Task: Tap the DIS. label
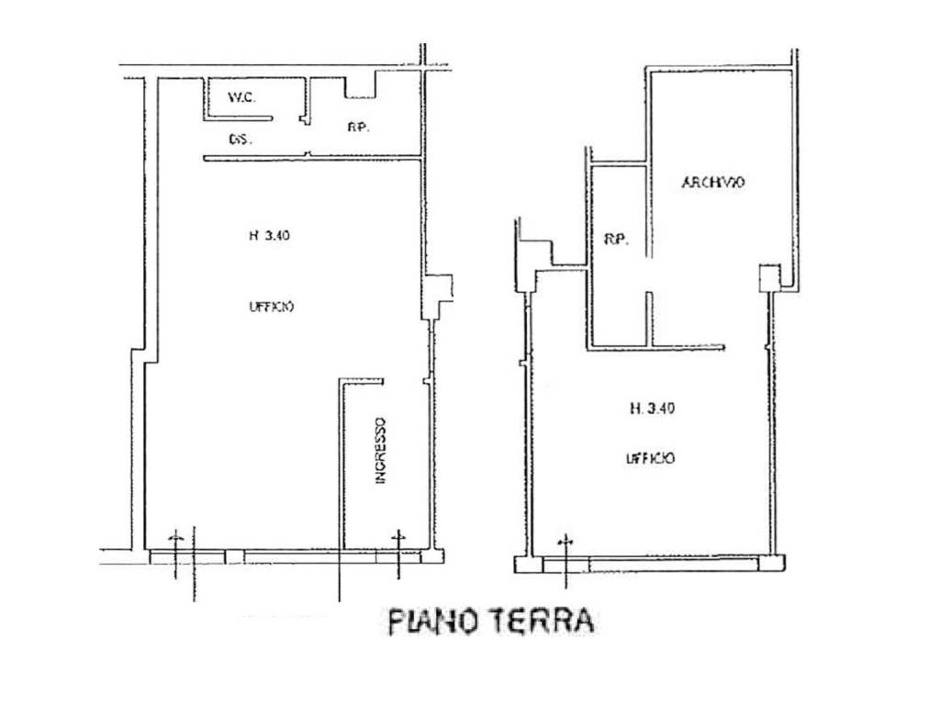[x=241, y=140]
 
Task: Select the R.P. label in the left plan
[x=358, y=128]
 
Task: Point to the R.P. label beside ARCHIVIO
[x=615, y=240]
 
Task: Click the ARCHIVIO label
[x=712, y=183]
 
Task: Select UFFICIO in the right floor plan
[x=653, y=456]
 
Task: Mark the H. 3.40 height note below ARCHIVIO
[x=653, y=409]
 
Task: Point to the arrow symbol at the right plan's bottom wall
[x=566, y=543]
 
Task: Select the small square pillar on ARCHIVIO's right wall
[x=768, y=277]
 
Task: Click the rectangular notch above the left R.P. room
[x=362, y=88]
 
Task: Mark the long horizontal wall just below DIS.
[x=312, y=159]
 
